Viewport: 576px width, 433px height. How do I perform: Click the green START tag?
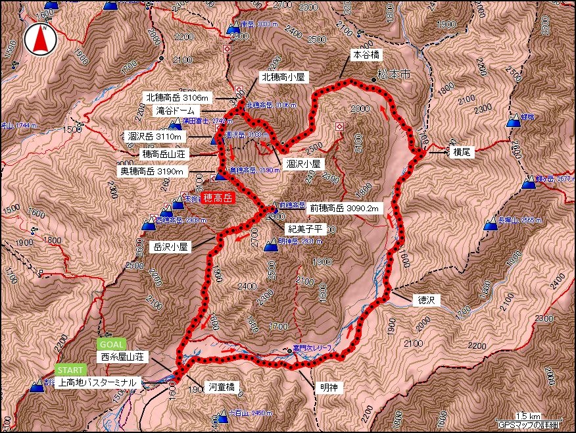(70, 370)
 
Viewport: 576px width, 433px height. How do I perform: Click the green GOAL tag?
(110, 344)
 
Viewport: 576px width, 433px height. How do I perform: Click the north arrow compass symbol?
(39, 39)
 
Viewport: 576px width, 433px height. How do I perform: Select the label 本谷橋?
(367, 55)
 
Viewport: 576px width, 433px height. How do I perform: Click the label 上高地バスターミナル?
(97, 382)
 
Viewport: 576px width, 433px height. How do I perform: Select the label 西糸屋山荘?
(124, 357)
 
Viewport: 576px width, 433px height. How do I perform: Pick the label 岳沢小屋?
(170, 247)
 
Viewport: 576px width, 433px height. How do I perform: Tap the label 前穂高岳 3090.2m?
(345, 209)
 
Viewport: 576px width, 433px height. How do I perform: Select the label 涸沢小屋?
(304, 163)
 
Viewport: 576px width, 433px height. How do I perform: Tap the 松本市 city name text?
(394, 76)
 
